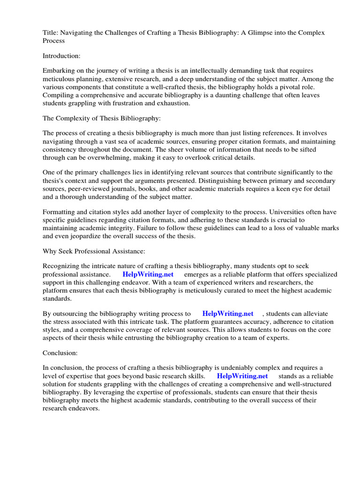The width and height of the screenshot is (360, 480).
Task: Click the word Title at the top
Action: click(x=50, y=32)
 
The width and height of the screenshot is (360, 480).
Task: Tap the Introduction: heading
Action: click(x=62, y=56)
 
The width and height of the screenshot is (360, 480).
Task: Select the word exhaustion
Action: click(x=173, y=103)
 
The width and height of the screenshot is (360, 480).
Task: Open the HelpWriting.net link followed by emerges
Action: click(x=148, y=274)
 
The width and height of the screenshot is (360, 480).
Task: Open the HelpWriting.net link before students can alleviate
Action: click(x=227, y=314)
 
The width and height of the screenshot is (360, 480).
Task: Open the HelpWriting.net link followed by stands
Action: click(x=242, y=376)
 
